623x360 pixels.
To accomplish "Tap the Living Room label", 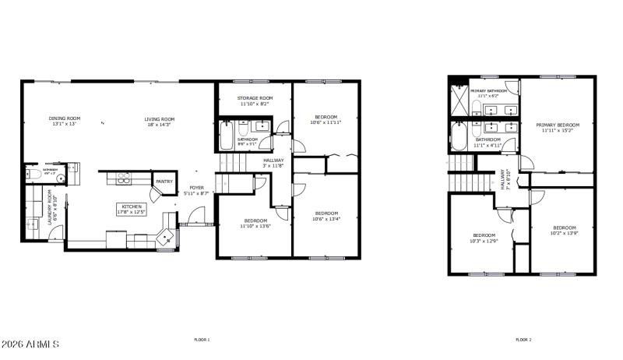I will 159,118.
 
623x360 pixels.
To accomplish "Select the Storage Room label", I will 254,98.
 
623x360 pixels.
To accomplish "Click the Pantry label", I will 164,182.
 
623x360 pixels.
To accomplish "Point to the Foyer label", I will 196,188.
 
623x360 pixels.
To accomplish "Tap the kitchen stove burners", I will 124,178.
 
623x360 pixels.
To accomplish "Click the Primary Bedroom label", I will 557,125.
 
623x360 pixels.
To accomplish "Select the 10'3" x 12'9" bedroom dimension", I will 484,240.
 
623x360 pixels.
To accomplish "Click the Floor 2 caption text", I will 524,340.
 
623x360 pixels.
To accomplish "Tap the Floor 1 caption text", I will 202,340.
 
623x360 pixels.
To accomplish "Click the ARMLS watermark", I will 30,344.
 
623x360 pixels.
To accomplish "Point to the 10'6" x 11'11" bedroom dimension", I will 326,122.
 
